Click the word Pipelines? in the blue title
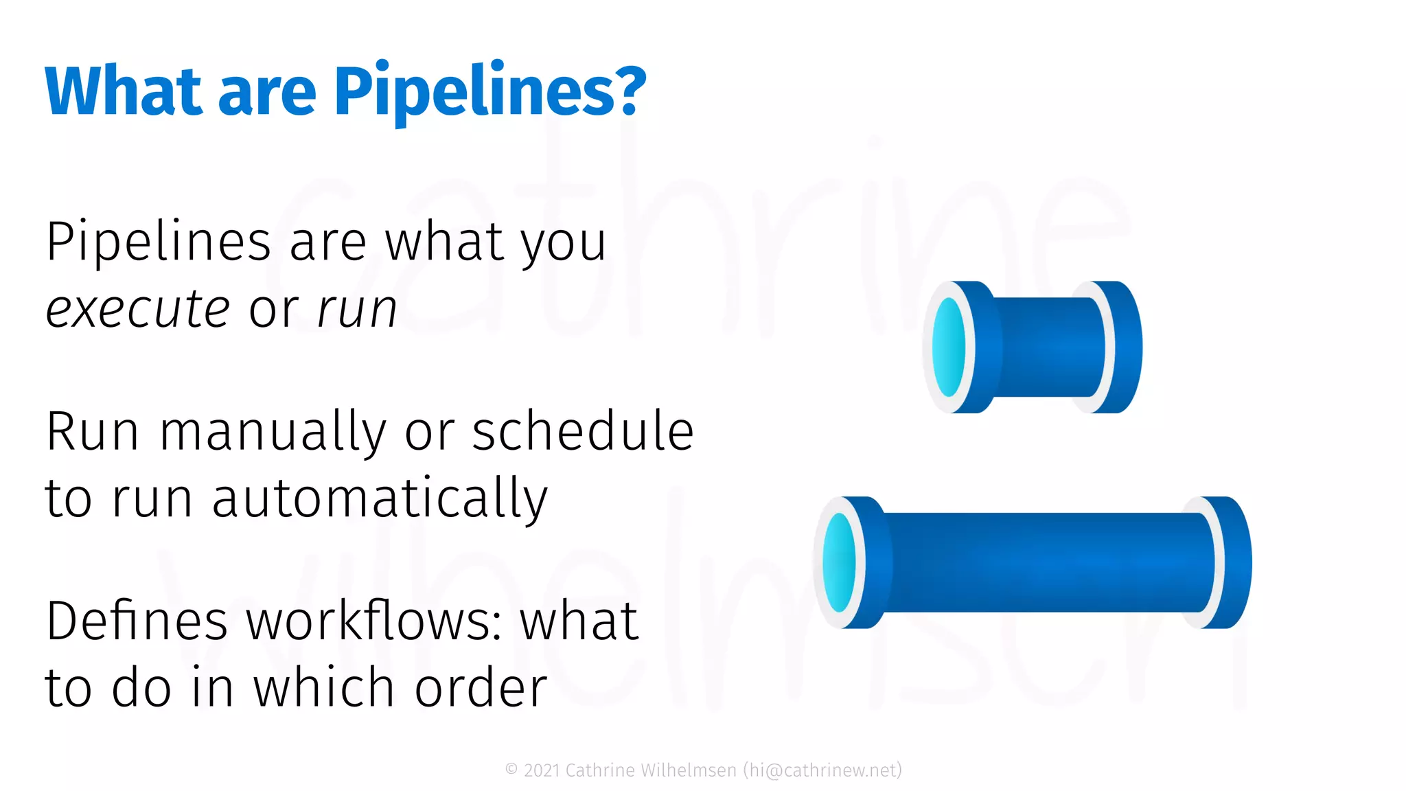489,91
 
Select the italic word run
358,310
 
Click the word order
481,687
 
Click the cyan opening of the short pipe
949,347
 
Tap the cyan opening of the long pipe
839,562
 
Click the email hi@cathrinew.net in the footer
822,770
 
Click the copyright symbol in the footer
511,770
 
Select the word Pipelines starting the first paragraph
159,242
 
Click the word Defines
137,621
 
